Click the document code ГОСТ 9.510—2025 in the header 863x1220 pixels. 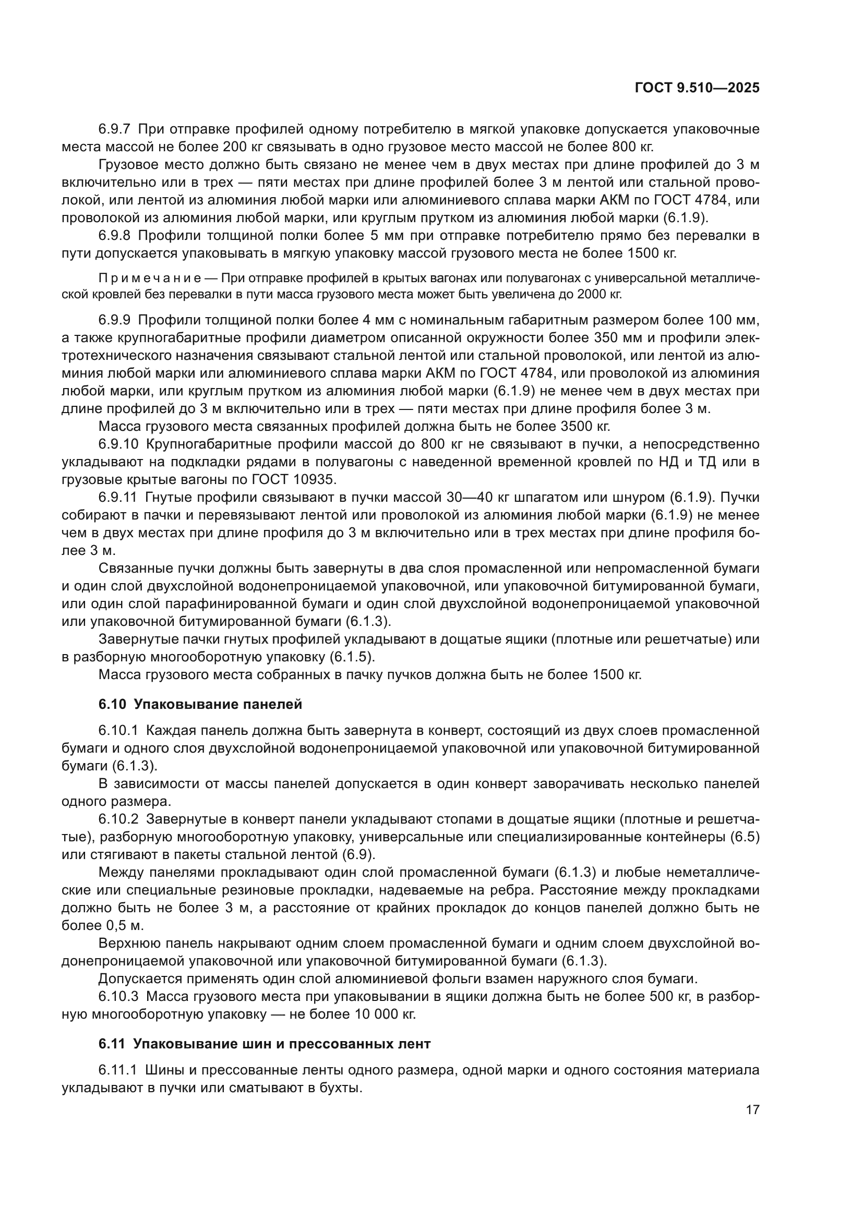point(697,88)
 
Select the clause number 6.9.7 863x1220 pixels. point(114,129)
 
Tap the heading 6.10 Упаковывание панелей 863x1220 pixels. point(200,704)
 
